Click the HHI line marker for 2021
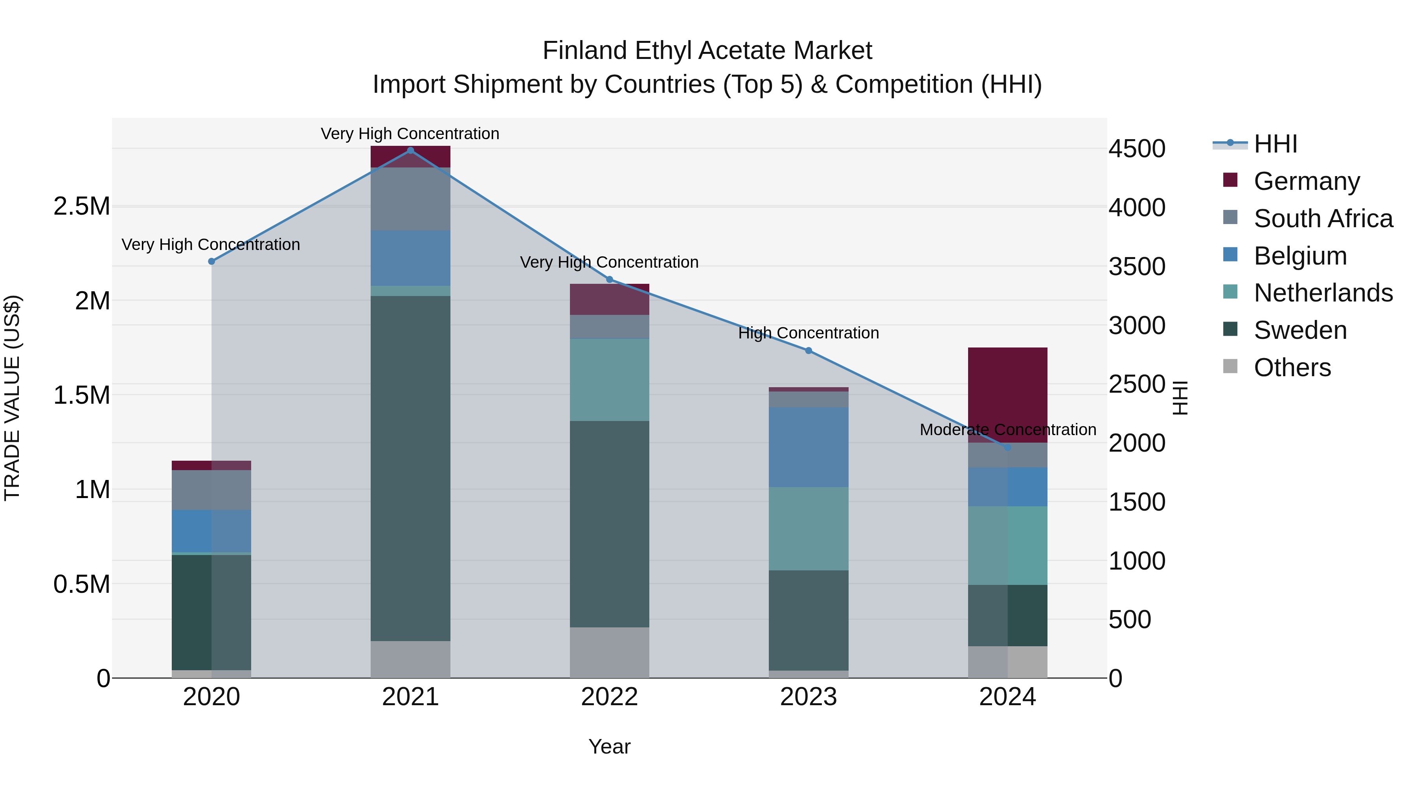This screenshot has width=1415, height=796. pyautogui.click(x=410, y=151)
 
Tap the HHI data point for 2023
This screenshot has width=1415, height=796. pyautogui.click(x=808, y=351)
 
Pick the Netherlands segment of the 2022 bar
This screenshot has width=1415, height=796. pyautogui.click(x=609, y=380)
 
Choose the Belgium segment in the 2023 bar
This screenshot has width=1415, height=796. pyautogui.click(x=808, y=447)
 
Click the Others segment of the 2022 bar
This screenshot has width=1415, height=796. pyautogui.click(x=609, y=652)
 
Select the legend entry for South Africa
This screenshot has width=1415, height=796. pyautogui.click(x=1323, y=219)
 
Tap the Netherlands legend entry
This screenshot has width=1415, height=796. pyautogui.click(x=1323, y=293)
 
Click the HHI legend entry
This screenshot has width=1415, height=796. pyautogui.click(x=1274, y=144)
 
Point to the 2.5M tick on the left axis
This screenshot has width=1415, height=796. pyautogui.click(x=81, y=206)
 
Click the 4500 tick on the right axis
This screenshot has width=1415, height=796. pyautogui.click(x=1136, y=149)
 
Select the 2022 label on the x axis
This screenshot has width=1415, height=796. pyautogui.click(x=609, y=697)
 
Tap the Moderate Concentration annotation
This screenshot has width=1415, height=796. pyautogui.click(x=1007, y=430)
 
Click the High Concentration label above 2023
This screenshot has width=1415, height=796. pyautogui.click(x=808, y=333)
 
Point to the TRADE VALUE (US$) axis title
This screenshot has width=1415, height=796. pyautogui.click(x=12, y=398)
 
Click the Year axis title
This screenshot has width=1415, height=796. pyautogui.click(x=609, y=746)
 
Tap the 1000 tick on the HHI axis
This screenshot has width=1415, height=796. pyautogui.click(x=1136, y=561)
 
